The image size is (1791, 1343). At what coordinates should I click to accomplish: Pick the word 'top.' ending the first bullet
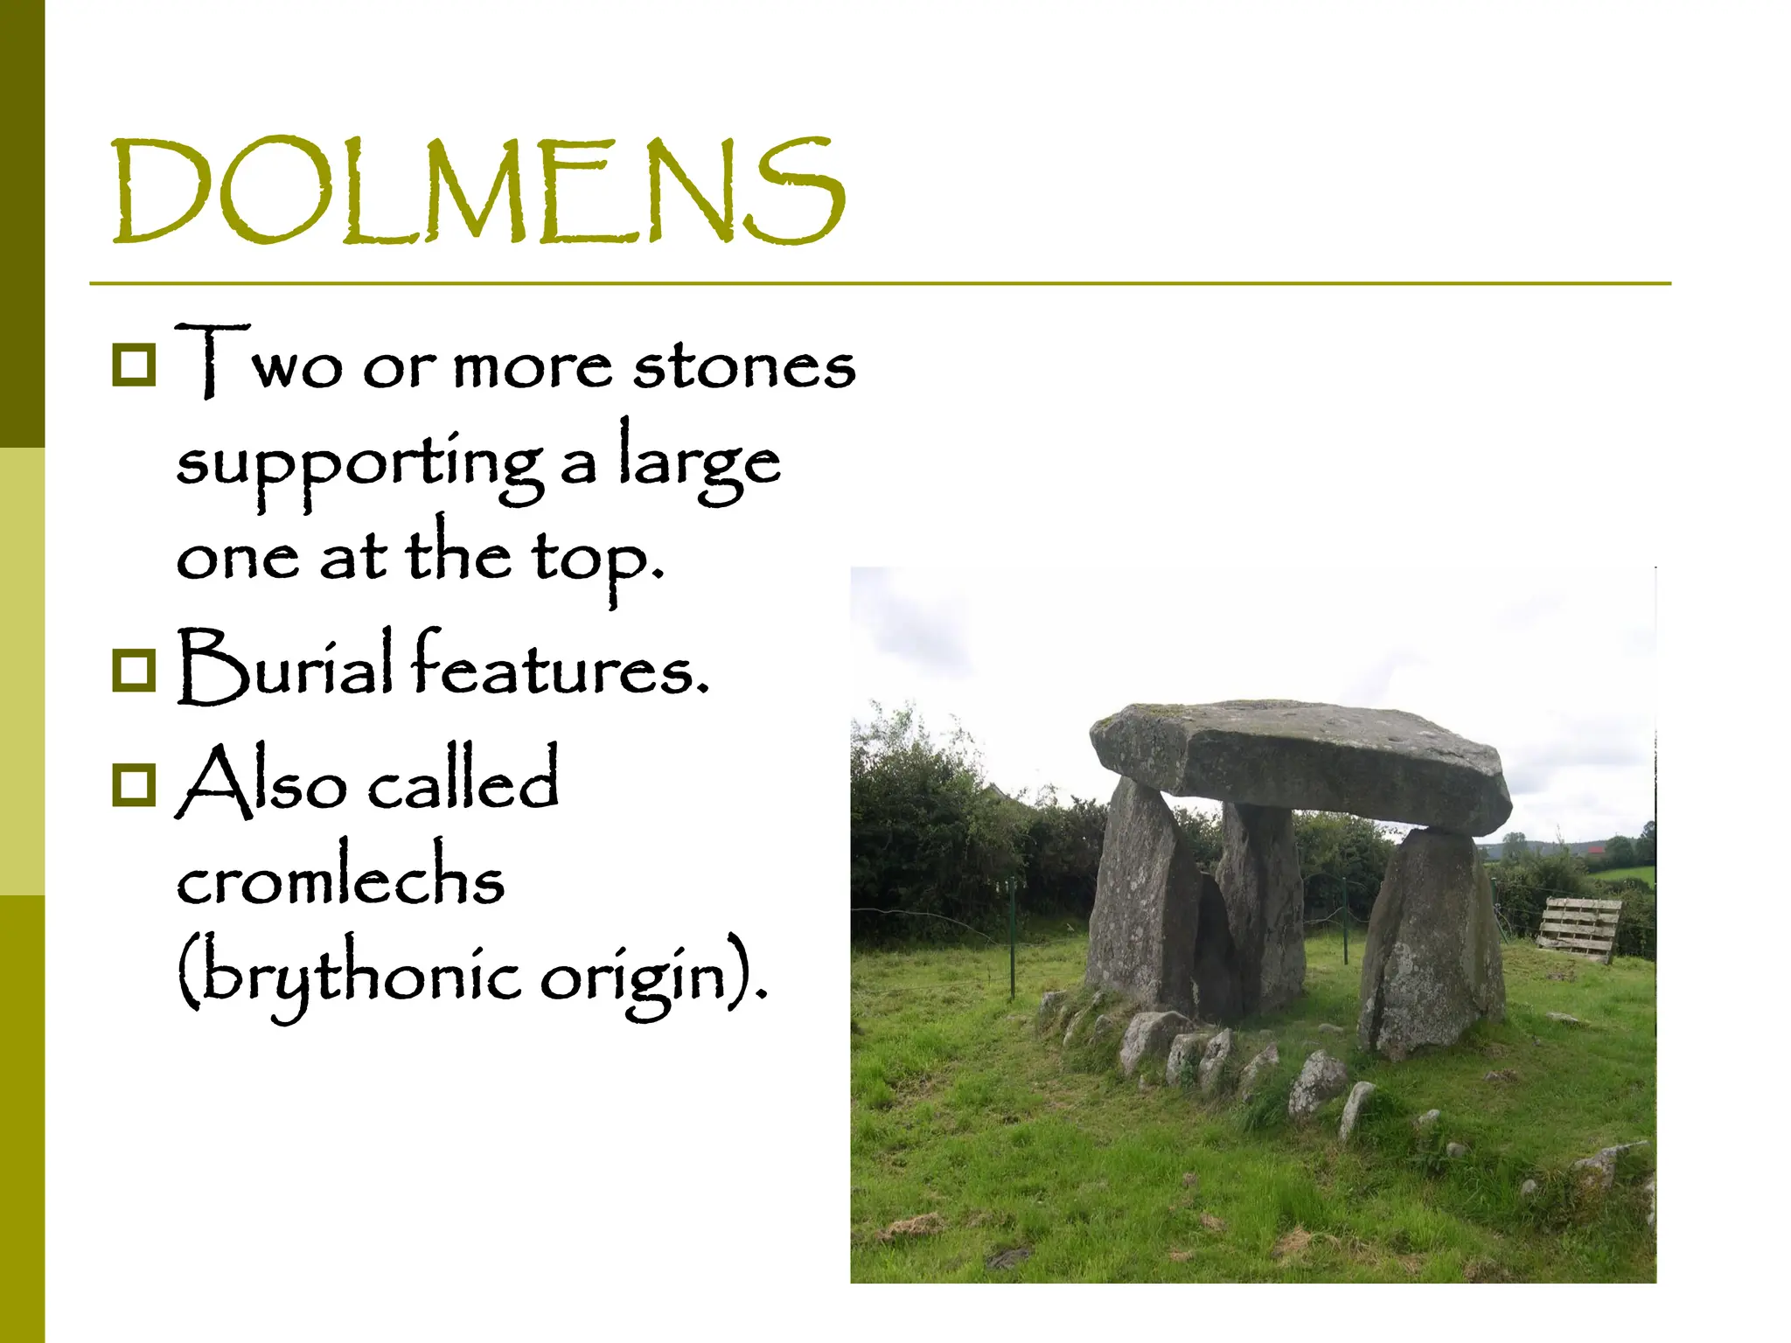598,560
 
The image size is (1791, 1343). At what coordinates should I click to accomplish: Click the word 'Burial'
285,667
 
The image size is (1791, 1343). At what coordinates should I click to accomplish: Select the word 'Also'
261,782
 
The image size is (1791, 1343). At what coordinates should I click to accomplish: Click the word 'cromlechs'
341,878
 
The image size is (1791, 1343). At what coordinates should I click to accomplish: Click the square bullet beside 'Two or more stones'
134,364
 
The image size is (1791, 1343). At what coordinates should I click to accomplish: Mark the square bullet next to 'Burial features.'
134,670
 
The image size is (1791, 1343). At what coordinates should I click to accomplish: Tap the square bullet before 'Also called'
134,783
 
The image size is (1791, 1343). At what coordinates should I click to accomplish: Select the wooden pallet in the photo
1578,929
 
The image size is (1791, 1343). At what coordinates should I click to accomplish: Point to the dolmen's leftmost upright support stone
1137,901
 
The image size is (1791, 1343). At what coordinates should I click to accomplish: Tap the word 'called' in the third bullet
463,780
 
